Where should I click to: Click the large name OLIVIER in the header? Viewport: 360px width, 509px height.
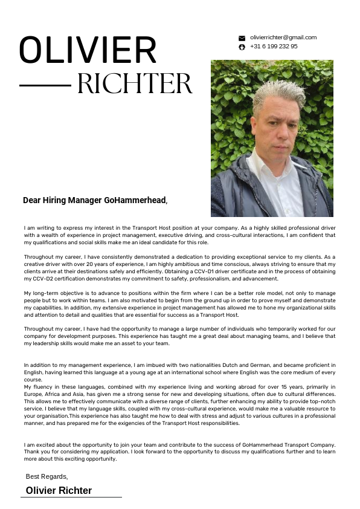click(88, 50)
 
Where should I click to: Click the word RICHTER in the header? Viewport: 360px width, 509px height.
click(135, 84)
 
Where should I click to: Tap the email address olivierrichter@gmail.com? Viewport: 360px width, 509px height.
click(283, 37)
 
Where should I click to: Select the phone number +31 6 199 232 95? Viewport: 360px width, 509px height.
click(274, 47)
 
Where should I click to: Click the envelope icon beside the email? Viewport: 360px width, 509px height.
click(242, 38)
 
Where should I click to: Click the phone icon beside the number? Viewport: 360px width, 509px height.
click(242, 47)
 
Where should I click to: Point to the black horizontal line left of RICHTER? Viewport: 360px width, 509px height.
click(45, 85)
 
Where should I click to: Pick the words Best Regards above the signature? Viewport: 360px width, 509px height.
click(47, 477)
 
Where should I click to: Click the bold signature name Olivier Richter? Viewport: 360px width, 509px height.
click(59, 490)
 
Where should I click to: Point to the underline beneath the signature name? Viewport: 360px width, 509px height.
click(71, 497)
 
